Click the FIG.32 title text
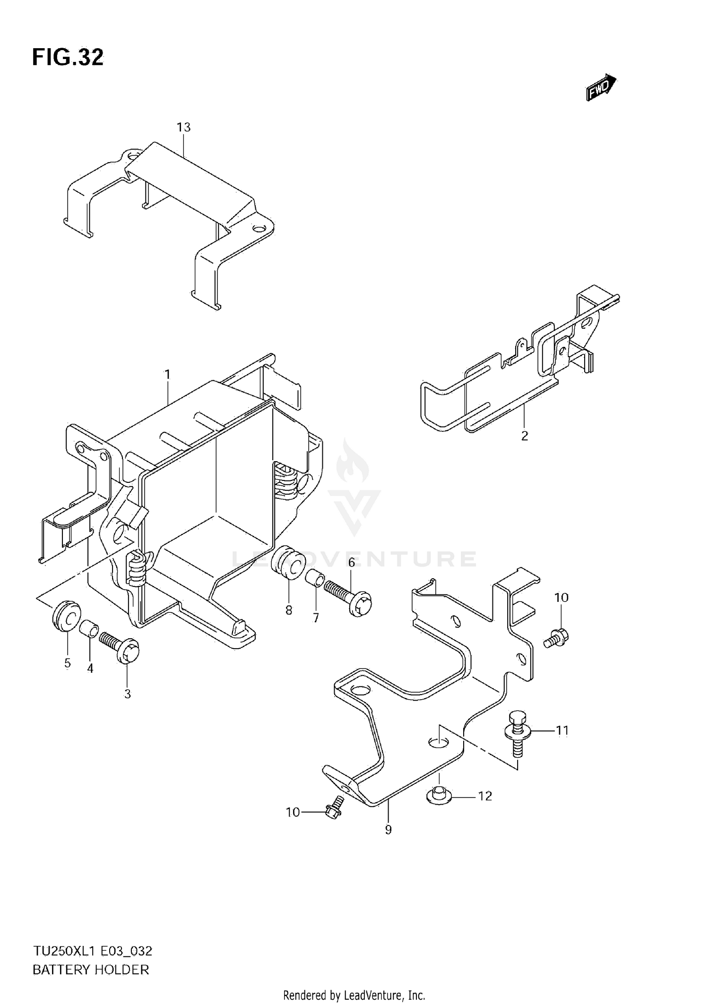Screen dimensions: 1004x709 68,58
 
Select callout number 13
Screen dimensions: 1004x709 183,127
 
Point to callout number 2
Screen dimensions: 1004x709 524,436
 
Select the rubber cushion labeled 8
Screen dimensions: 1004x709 287,562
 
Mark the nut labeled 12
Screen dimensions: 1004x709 440,796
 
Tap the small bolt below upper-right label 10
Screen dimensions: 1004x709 557,638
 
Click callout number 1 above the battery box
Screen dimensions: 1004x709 167,375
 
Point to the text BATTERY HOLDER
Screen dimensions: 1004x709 91,970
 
